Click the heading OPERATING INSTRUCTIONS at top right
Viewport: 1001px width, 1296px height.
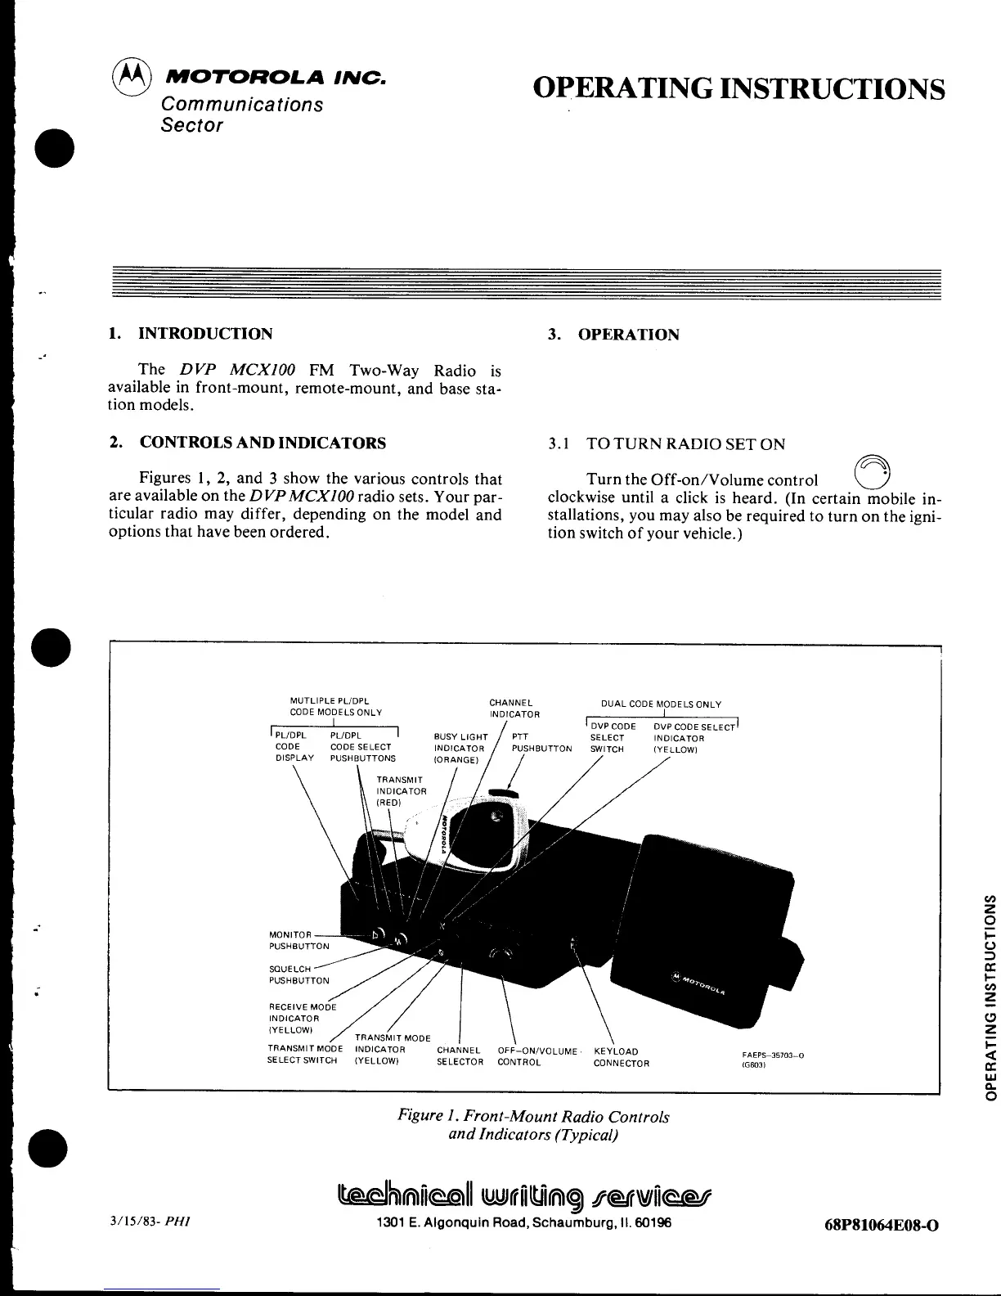pos(738,88)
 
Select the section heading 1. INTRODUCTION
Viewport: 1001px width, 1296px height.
pos(191,334)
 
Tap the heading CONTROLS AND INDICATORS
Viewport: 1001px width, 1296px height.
pos(263,443)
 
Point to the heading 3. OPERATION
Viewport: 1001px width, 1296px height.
pos(613,335)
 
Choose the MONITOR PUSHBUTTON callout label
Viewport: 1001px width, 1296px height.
pos(290,940)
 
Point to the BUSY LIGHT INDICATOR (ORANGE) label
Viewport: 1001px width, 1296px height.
pos(460,749)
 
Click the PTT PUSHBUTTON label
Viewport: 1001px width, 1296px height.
pos(541,743)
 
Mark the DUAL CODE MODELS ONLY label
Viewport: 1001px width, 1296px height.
pos(661,704)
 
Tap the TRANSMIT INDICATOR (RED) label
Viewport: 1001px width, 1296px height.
pos(401,791)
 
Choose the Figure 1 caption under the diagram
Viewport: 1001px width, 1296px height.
pos(533,1125)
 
